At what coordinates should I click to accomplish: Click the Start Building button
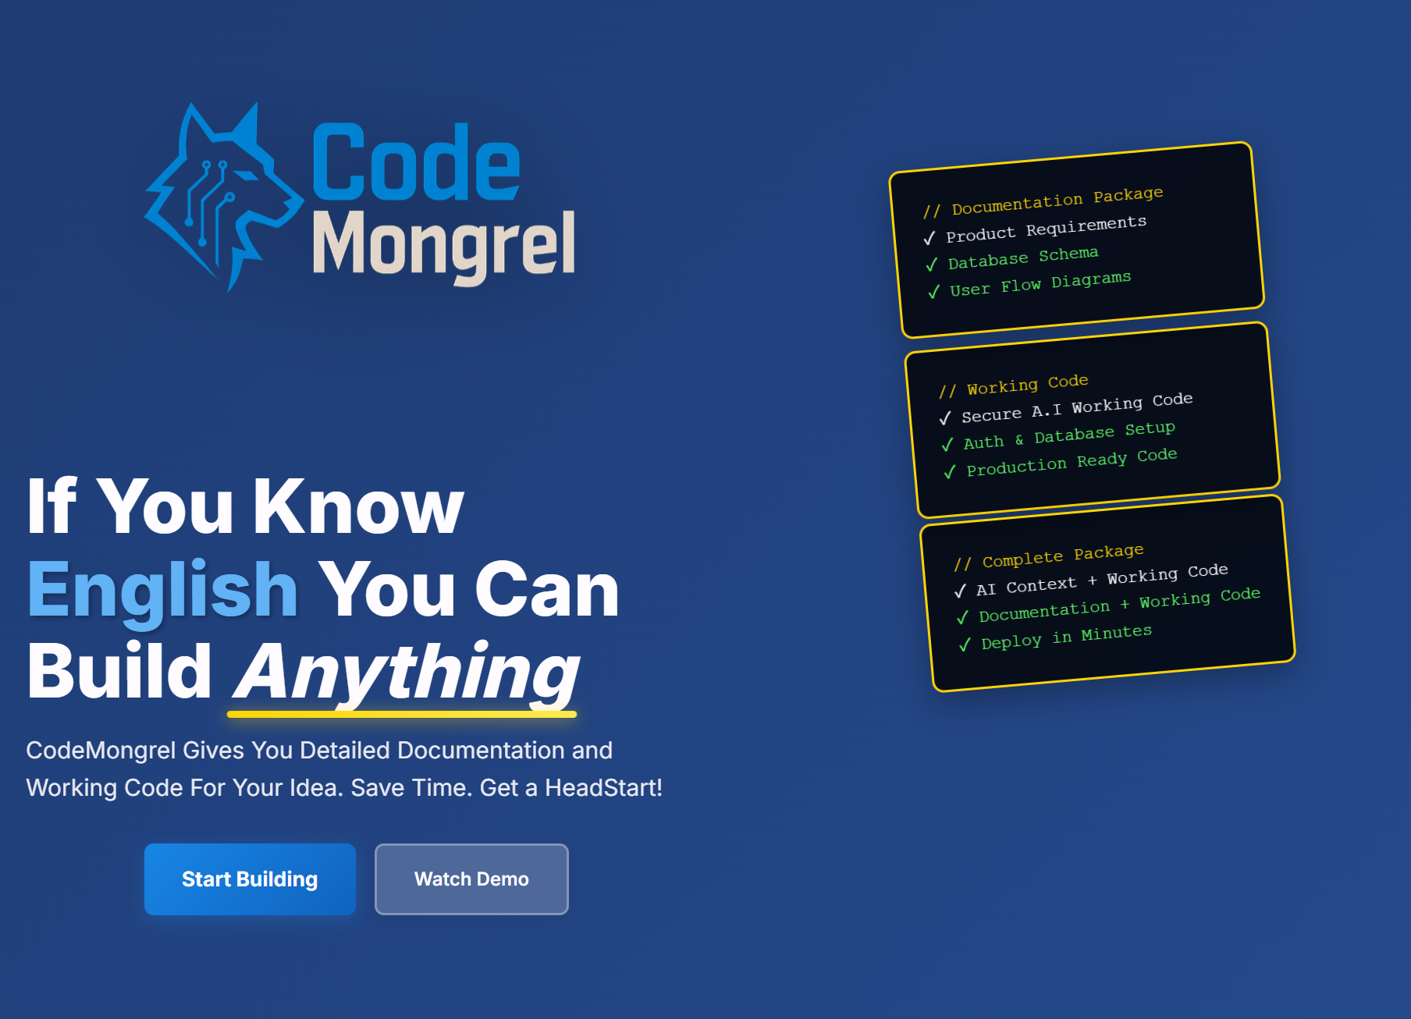[250, 879]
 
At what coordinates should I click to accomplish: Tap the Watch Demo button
[471, 879]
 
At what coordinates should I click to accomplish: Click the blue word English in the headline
[162, 591]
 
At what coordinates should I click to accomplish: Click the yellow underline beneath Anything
[402, 714]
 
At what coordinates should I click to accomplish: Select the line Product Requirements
[1046, 229]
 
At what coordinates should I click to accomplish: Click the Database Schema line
[1023, 257]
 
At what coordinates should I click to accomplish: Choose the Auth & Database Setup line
[1069, 435]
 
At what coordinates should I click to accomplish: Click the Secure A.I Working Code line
[1077, 407]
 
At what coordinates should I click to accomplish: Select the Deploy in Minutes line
[1066, 637]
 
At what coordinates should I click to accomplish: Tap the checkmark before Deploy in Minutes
[965, 644]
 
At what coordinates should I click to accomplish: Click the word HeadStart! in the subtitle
[603, 787]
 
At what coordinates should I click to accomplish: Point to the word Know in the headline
[358, 507]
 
